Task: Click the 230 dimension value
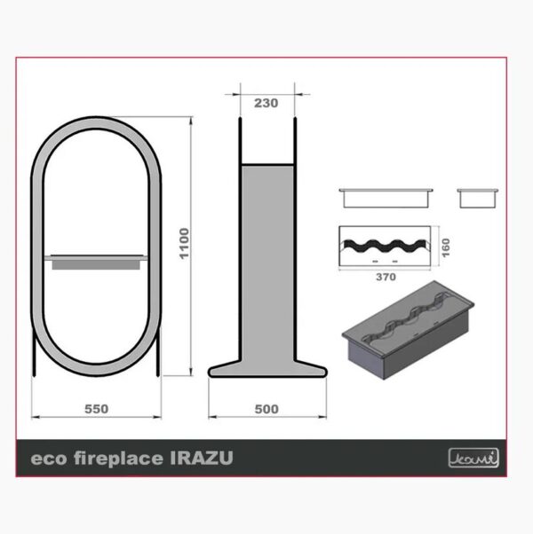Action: [x=266, y=103]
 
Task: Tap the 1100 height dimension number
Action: [x=184, y=244]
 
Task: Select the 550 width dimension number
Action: [x=97, y=409]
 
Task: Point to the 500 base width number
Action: [x=266, y=409]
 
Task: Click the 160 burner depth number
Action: [x=446, y=247]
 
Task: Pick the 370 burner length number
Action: [x=386, y=277]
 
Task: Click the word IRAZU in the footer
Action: [x=202, y=458]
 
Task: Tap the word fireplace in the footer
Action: [x=119, y=459]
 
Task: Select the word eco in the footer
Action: [x=49, y=459]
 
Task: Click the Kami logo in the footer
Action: [x=473, y=458]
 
